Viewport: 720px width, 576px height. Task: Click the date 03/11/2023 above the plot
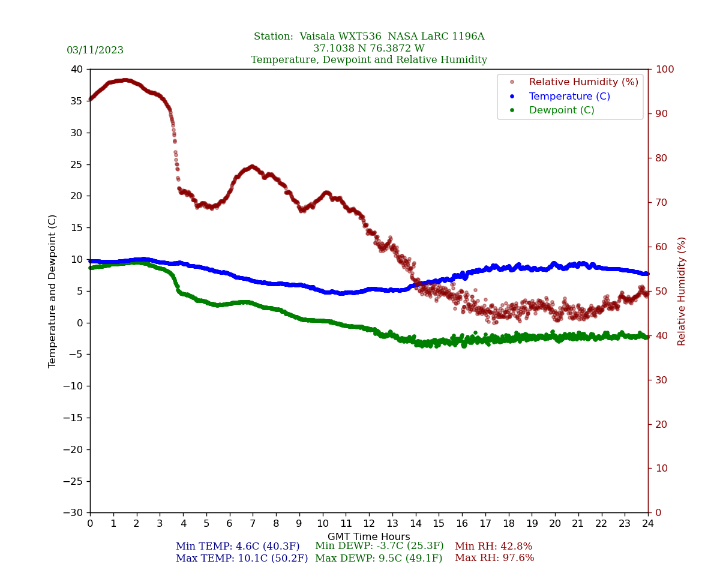click(x=95, y=50)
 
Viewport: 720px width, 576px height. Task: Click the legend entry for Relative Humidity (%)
click(x=583, y=82)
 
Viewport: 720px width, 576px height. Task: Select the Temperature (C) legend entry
click(x=569, y=96)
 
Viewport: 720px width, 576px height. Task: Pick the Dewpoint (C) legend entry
click(x=561, y=110)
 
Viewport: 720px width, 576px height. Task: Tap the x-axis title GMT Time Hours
click(x=368, y=537)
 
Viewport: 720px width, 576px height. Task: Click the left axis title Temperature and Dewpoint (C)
click(x=52, y=291)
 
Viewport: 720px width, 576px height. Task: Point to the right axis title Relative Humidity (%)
click(x=682, y=291)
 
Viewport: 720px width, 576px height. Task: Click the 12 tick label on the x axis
click(x=369, y=523)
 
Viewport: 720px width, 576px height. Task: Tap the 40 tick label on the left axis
click(x=77, y=70)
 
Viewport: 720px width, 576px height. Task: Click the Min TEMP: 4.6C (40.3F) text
click(x=238, y=547)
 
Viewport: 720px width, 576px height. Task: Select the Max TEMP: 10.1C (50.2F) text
click(x=242, y=559)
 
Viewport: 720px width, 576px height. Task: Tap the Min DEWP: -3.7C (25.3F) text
click(x=379, y=546)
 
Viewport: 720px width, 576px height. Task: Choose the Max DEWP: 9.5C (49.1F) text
click(x=379, y=559)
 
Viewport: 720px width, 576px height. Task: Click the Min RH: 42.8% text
click(x=493, y=547)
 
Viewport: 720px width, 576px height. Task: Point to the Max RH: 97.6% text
click(x=494, y=558)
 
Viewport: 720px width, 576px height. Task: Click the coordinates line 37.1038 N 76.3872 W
click(x=368, y=49)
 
